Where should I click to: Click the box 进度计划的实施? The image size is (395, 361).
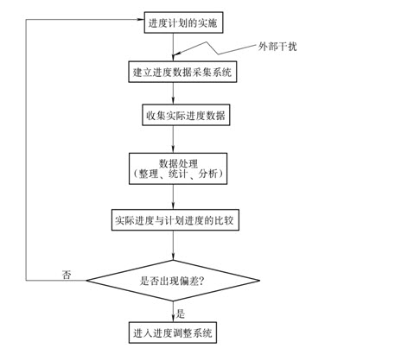[x=183, y=22]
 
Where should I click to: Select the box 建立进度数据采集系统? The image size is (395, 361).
[x=182, y=72]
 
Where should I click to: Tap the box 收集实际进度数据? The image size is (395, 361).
[x=186, y=115]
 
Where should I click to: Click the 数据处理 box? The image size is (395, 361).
[x=178, y=168]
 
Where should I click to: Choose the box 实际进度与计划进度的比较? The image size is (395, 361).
[x=175, y=220]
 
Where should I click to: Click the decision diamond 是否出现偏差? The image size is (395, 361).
[x=173, y=281]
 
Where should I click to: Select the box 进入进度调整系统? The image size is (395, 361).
[x=173, y=332]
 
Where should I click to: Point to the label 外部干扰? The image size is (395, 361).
[x=277, y=47]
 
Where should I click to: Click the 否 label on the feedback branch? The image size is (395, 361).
[x=67, y=275]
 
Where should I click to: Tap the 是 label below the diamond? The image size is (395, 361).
[x=181, y=313]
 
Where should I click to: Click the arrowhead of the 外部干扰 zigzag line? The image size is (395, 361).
[x=176, y=54]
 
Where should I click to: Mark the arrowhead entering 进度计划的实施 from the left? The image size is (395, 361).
[x=141, y=19]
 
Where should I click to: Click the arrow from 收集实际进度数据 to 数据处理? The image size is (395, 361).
[x=173, y=139]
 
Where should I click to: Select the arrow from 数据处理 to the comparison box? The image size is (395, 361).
[x=173, y=197]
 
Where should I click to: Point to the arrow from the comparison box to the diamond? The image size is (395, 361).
[x=173, y=245]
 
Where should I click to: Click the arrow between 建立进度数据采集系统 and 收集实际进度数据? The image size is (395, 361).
[x=173, y=93]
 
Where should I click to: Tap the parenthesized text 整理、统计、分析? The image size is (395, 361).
[x=178, y=174]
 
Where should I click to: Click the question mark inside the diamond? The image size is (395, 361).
[x=201, y=281]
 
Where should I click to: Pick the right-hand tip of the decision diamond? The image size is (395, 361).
[x=259, y=281]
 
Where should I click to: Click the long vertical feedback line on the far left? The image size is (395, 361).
[x=26, y=149]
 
